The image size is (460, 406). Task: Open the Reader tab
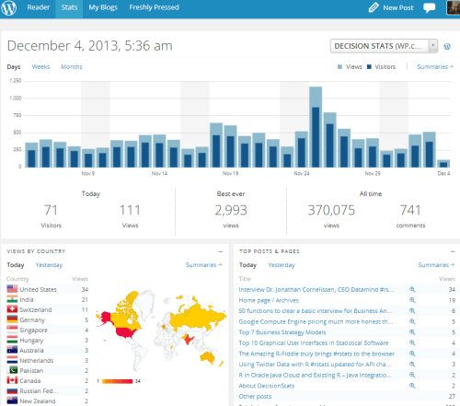(x=38, y=7)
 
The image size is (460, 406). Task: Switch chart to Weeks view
(x=40, y=67)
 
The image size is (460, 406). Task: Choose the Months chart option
(x=71, y=67)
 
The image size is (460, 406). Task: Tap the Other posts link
(x=256, y=396)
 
